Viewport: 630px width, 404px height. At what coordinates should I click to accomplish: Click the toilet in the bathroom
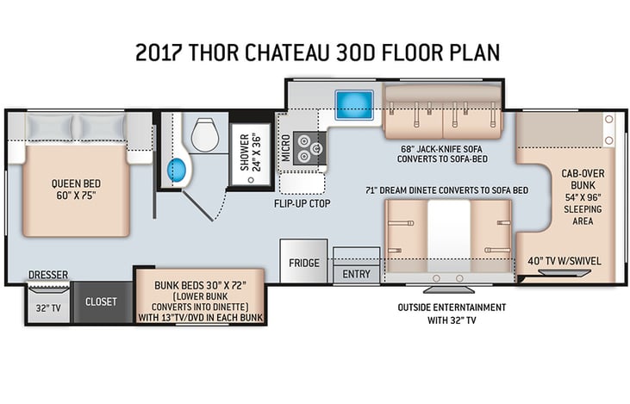pyautogui.click(x=205, y=135)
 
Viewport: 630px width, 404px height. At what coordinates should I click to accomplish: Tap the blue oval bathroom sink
pyautogui.click(x=177, y=170)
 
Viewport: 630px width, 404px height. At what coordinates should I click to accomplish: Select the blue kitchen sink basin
pyautogui.click(x=354, y=104)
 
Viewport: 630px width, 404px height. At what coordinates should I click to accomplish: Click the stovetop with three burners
pyautogui.click(x=309, y=148)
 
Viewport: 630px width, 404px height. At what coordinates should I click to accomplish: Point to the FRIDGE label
pyautogui.click(x=304, y=263)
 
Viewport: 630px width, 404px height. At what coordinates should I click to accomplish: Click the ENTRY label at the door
pyautogui.click(x=357, y=274)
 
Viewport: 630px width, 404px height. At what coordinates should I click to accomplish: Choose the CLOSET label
pyautogui.click(x=101, y=301)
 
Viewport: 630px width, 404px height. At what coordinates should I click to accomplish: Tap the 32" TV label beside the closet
pyautogui.click(x=48, y=308)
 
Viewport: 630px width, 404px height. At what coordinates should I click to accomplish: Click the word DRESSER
pyautogui.click(x=48, y=275)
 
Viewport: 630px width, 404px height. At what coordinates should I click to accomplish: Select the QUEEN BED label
pyautogui.click(x=76, y=184)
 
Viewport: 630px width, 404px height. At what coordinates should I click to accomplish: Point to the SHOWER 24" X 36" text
pyautogui.click(x=250, y=152)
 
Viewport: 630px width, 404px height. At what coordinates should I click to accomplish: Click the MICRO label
pyautogui.click(x=285, y=148)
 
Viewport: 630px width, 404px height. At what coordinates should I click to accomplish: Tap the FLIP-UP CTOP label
pyautogui.click(x=303, y=203)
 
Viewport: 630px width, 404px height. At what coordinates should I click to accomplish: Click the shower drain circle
pyautogui.click(x=251, y=180)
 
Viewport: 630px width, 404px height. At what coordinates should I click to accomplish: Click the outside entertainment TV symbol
pyautogui.click(x=449, y=289)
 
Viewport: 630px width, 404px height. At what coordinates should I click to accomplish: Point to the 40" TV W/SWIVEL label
pyautogui.click(x=565, y=261)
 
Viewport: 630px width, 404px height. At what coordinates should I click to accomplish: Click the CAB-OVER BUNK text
pyautogui.click(x=583, y=179)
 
